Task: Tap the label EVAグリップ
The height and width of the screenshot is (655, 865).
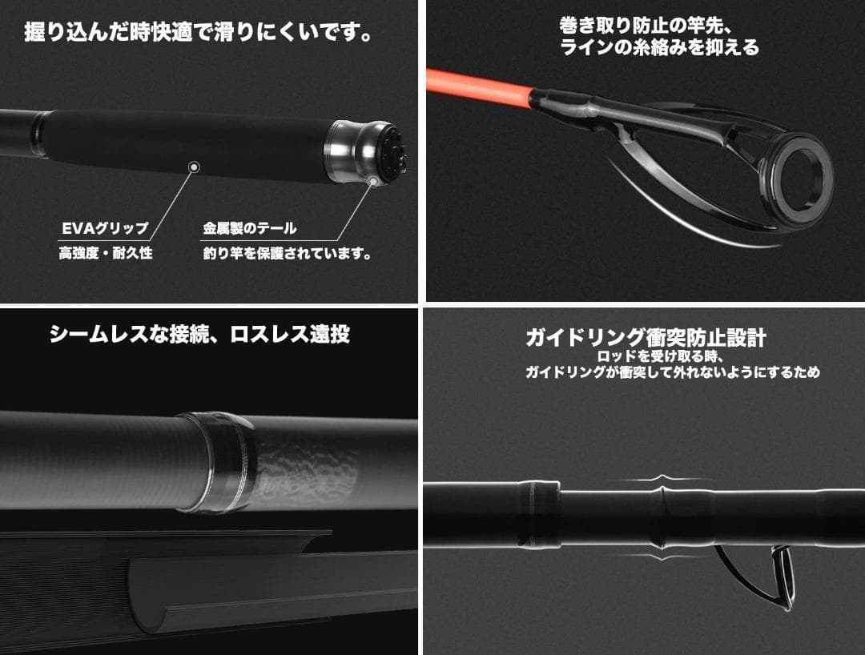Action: click(x=105, y=228)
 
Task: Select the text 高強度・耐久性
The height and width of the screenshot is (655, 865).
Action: click(x=105, y=253)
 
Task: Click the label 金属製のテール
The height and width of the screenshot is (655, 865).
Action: click(x=249, y=228)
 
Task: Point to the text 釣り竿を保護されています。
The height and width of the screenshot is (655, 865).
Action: click(x=287, y=254)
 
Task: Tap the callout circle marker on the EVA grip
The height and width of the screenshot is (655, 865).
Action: click(x=192, y=167)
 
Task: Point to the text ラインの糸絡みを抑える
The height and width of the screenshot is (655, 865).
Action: click(x=658, y=48)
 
